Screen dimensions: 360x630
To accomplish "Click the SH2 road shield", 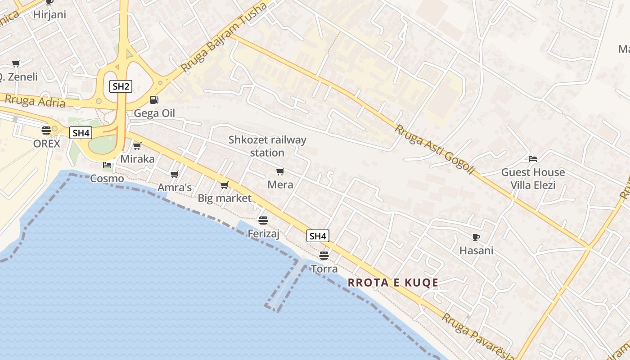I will click(121, 86).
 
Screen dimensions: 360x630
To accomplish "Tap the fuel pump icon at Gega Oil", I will click(154, 100).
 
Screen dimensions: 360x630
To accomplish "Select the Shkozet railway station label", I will click(267, 146).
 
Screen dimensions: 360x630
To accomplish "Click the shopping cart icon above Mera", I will click(280, 171).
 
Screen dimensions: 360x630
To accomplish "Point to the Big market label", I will click(225, 198).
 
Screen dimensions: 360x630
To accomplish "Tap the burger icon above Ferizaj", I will click(263, 220).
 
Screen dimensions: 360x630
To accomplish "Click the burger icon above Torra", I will click(324, 256).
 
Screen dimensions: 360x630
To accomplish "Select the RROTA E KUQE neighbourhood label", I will click(393, 283).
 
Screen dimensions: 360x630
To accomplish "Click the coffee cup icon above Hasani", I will click(476, 237).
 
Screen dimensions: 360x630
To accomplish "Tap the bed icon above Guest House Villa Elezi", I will click(533, 159).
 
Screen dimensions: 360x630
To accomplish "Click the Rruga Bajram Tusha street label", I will click(224, 38).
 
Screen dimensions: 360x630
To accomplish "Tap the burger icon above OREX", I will click(46, 130).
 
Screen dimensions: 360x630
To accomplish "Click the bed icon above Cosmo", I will click(107, 165).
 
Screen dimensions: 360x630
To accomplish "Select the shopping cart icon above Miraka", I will click(137, 146).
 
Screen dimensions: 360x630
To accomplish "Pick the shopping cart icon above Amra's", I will click(175, 175).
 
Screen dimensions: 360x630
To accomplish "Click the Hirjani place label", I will click(49, 14).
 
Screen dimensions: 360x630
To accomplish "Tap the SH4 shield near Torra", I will click(318, 236).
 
